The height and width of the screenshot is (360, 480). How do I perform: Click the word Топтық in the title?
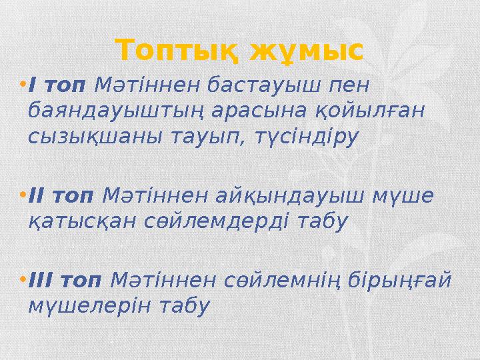177,50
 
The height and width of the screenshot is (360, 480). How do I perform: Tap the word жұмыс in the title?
307,50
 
